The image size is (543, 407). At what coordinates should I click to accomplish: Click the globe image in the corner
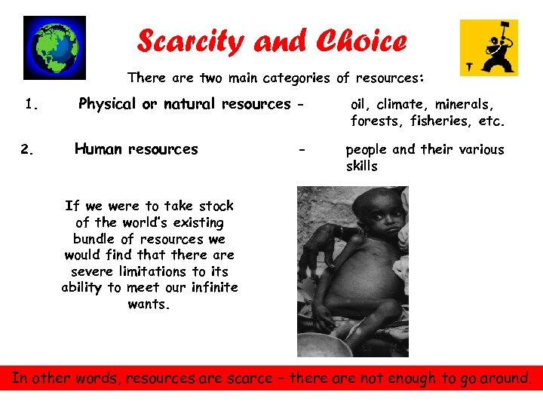[54, 47]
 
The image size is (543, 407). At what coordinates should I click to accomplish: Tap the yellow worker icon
[489, 47]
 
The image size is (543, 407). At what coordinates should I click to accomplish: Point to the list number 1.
[31, 105]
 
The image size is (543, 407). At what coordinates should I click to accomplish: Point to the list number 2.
[27, 149]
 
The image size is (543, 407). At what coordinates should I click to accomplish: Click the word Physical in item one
[108, 104]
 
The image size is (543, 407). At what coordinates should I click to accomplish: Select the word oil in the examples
[360, 104]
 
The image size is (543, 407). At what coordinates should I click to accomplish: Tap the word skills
[361, 166]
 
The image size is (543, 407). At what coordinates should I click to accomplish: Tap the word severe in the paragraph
[91, 271]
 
